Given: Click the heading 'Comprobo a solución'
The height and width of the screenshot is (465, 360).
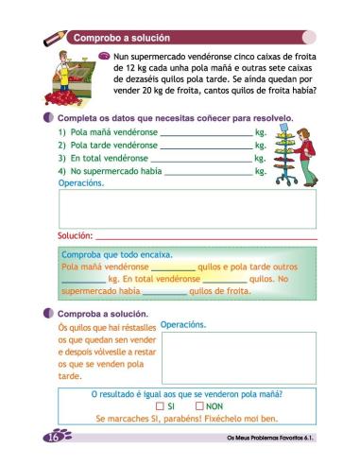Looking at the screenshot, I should (x=122, y=37).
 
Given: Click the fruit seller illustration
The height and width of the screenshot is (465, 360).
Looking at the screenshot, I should (x=71, y=80).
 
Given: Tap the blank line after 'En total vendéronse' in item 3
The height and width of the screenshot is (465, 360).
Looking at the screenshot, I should (x=198, y=160).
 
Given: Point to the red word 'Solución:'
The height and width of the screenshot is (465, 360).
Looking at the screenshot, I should (x=75, y=234).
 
